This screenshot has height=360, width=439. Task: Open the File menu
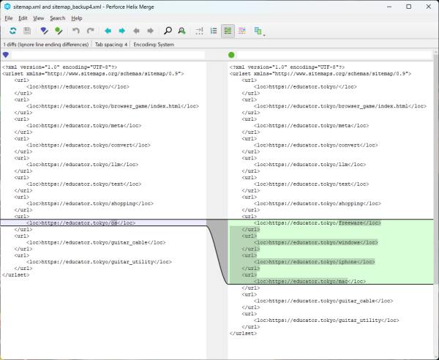tap(9, 18)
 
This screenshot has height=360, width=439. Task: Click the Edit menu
tap(23, 18)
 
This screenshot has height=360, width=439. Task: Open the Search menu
tap(58, 18)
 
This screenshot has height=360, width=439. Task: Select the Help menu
tap(77, 18)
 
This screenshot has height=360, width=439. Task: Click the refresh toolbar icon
tap(13, 31)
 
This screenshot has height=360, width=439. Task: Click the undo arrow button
tap(76, 31)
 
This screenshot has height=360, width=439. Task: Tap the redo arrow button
tap(90, 31)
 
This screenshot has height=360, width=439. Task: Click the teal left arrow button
tap(108, 31)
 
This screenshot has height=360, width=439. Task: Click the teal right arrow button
tap(122, 31)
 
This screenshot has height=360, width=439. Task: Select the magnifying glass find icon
tap(168, 31)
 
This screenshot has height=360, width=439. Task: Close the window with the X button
tap(428, 7)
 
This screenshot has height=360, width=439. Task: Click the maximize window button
tap(409, 7)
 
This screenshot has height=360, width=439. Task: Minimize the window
tap(389, 7)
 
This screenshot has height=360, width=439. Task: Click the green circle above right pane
tap(231, 55)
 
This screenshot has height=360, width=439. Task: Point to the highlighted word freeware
tap(350, 223)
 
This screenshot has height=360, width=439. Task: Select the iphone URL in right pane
tap(315, 262)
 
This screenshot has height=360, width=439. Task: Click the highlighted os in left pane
tap(114, 223)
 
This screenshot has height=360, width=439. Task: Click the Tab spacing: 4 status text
tap(111, 45)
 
